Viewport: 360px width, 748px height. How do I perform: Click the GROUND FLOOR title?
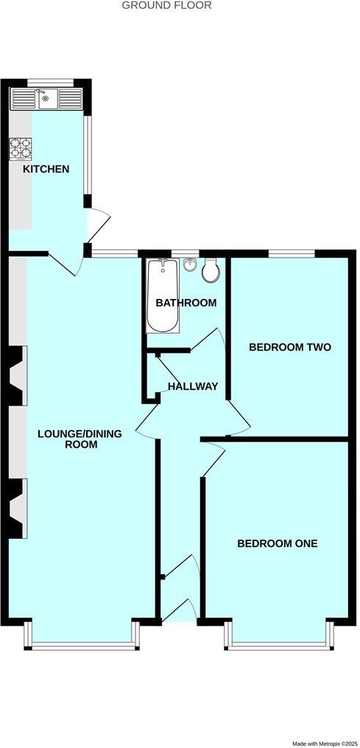tap(166, 5)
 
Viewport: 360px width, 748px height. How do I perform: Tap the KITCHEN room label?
tap(46, 169)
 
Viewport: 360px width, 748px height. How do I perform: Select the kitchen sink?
tap(45, 98)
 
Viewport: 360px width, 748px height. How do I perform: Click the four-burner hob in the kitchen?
tap(20, 149)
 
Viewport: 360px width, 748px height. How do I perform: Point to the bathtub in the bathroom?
tap(161, 296)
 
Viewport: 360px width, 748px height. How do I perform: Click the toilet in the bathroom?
tap(210, 271)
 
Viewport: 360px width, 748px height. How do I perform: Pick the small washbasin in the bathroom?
tap(191, 265)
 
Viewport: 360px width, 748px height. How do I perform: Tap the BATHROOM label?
tap(186, 303)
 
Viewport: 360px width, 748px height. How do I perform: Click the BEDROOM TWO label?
tap(289, 347)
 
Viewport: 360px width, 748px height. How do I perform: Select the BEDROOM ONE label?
tap(277, 543)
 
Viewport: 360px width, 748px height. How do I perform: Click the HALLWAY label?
tap(193, 386)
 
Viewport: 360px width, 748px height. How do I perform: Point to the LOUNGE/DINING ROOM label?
tap(80, 439)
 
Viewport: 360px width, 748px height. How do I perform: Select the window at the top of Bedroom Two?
tap(292, 254)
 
